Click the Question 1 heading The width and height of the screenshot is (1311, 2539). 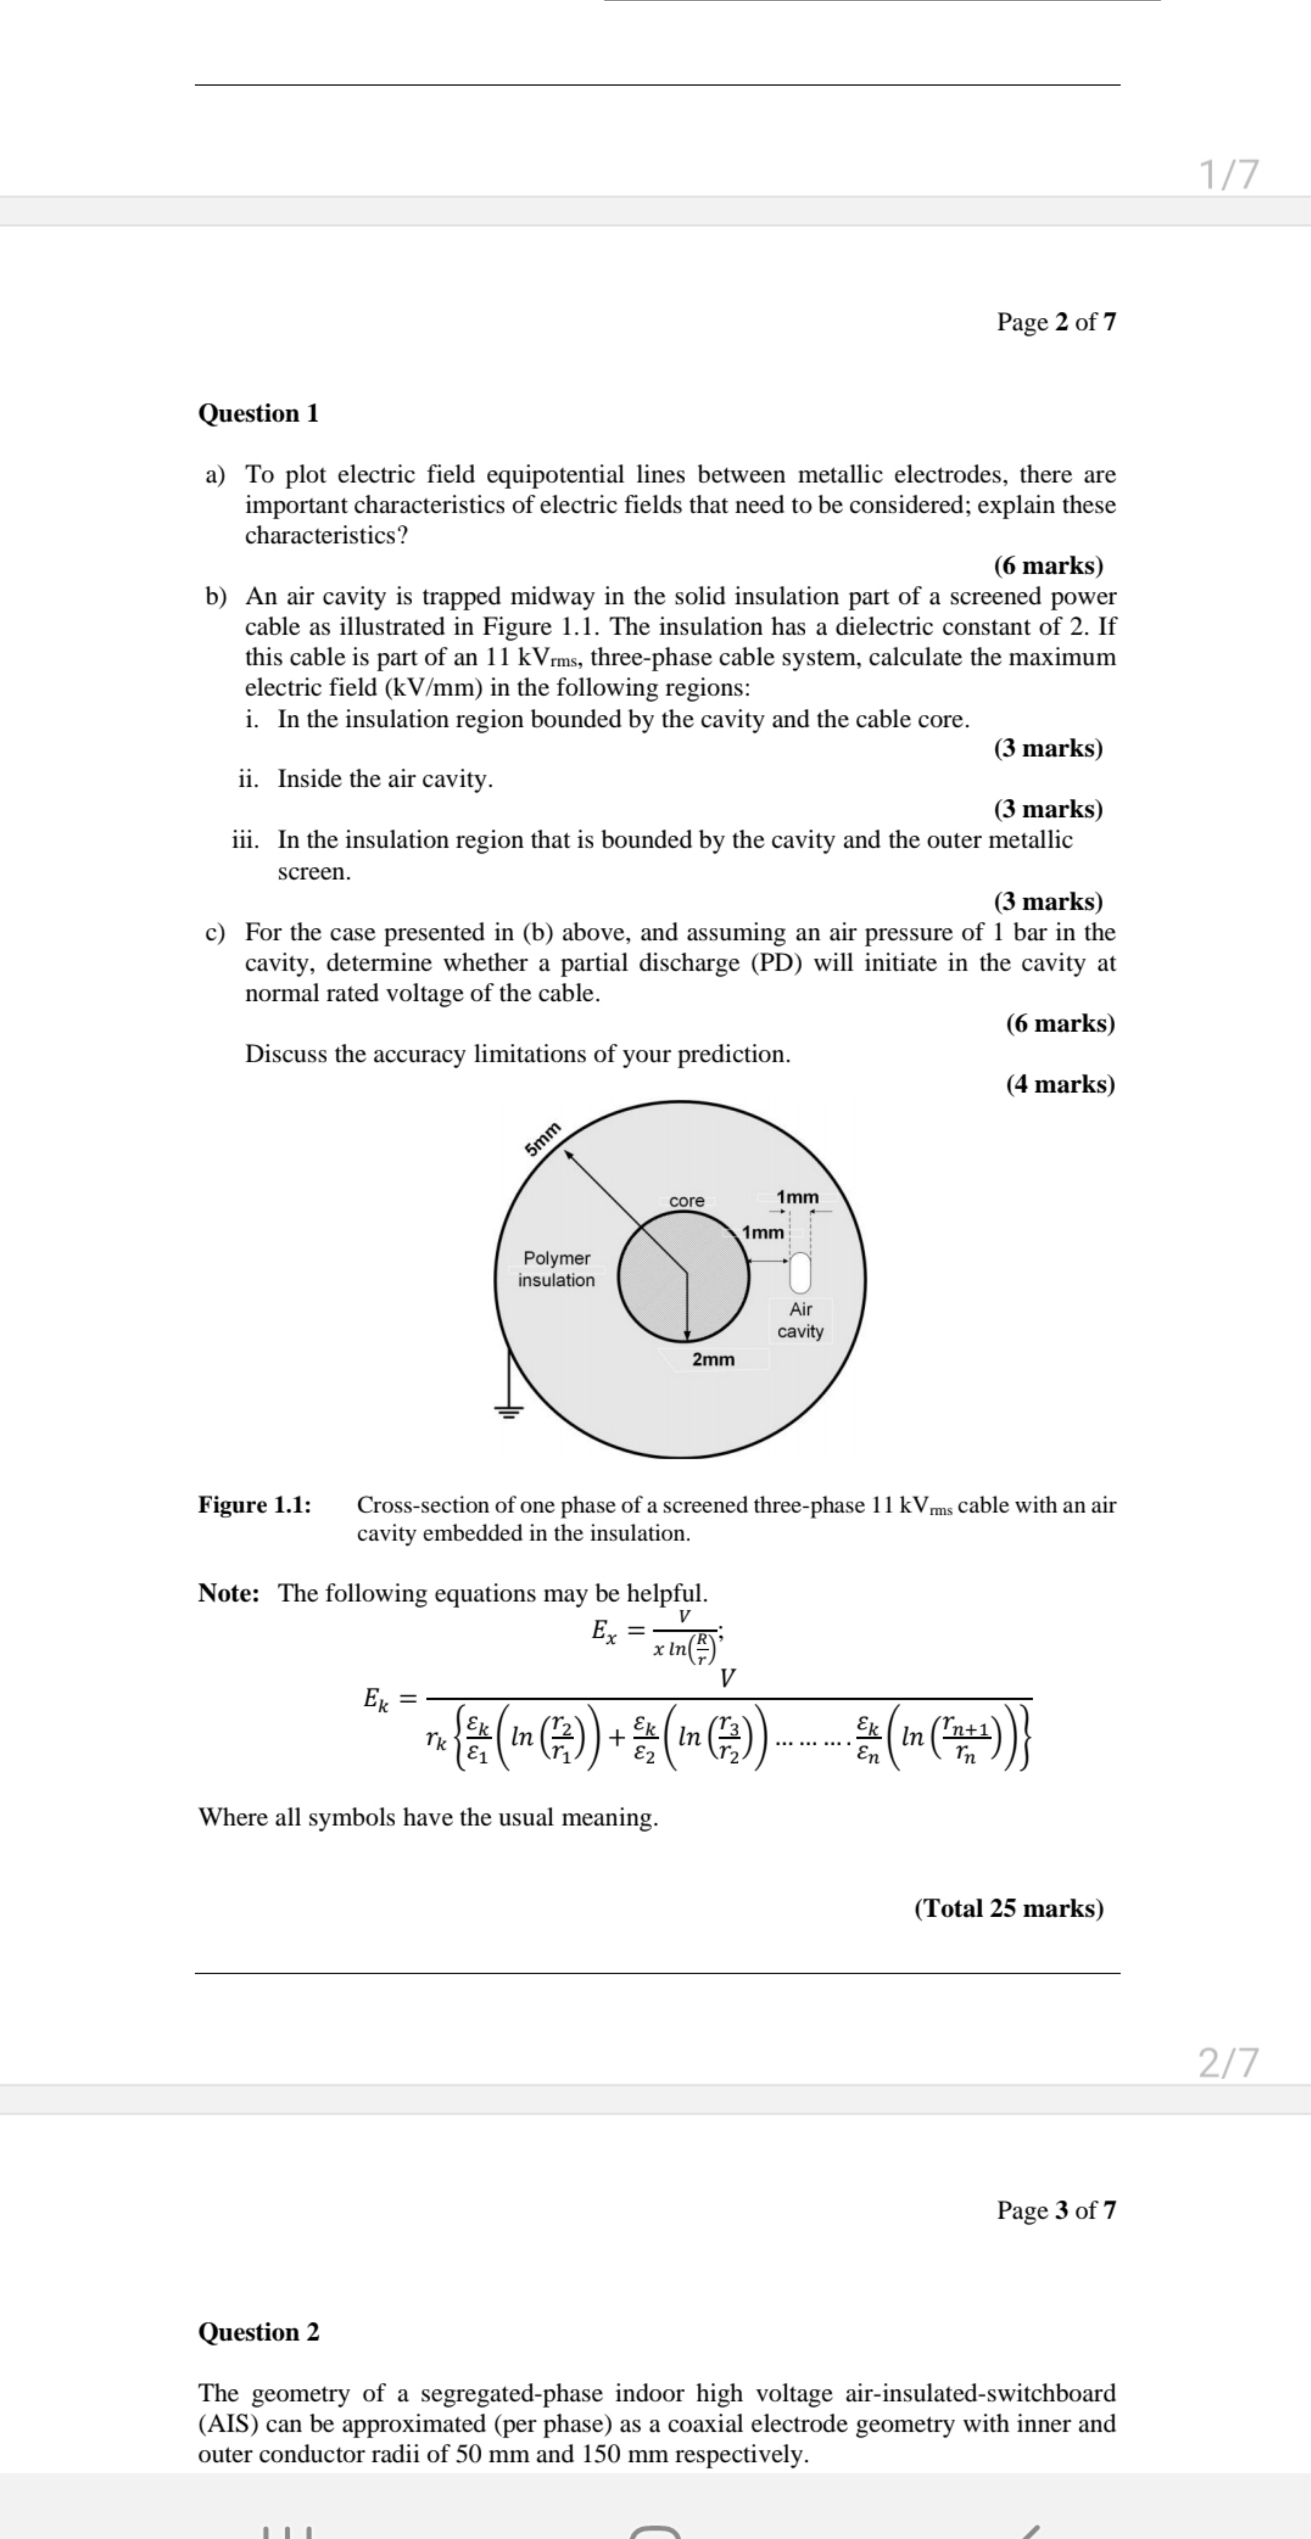coord(258,413)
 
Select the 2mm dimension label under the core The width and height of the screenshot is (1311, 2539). coord(713,1359)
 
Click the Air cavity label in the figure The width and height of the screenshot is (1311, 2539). coord(800,1320)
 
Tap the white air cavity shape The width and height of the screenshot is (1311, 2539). coord(800,1271)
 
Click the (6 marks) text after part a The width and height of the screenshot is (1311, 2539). coord(1048,566)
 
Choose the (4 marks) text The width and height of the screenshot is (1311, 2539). coord(1060,1084)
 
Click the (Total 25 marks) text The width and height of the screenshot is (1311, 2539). coord(1008,1908)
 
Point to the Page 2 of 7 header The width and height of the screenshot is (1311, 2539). coord(1056,323)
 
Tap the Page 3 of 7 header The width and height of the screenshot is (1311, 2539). coord(1056,2210)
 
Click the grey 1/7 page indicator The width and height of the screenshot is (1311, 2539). coord(1228,174)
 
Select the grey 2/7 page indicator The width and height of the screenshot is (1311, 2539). coord(1228,2062)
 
